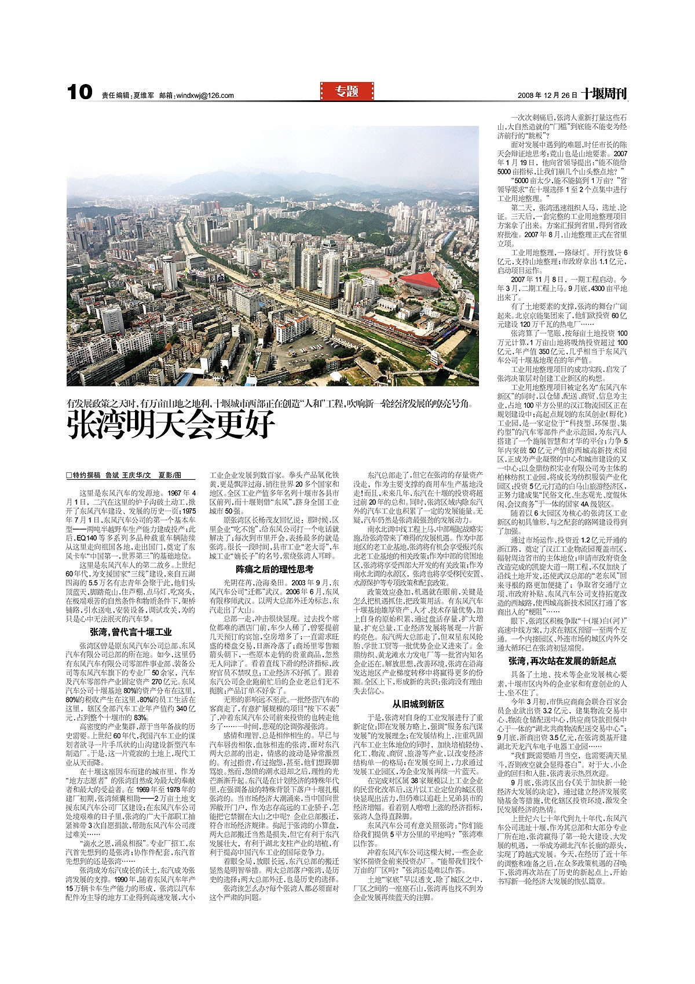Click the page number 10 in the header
79,92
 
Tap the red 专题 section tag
347,91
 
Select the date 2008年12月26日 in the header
547,95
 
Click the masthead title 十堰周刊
605,94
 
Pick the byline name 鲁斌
112,475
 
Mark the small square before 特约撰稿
69,475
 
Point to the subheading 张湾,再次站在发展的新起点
562,660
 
